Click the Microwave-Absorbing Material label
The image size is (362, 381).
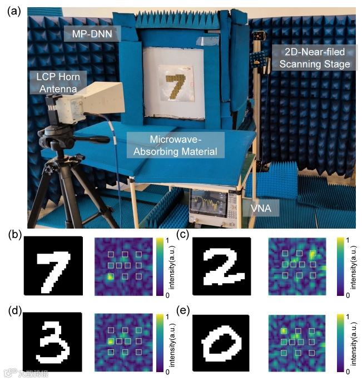coord(175,144)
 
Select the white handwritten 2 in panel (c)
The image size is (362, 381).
coord(222,266)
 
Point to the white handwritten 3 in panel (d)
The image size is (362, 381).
coord(52,342)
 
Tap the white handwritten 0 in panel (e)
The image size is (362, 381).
coord(222,343)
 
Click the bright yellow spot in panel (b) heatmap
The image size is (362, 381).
coord(111,276)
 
